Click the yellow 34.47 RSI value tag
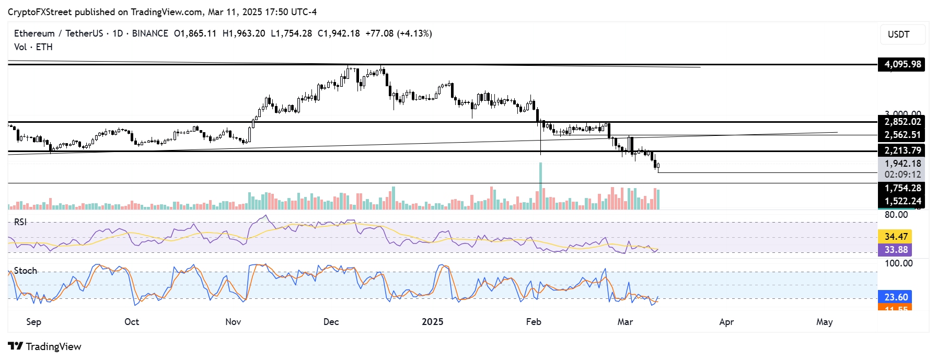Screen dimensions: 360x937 click(x=895, y=237)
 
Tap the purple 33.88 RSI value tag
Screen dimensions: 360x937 click(x=895, y=250)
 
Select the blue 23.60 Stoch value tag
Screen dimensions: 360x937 click(x=895, y=297)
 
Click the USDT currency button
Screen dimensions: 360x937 click(x=902, y=34)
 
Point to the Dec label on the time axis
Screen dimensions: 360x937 click(x=331, y=322)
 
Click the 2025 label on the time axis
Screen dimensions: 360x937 click(x=432, y=322)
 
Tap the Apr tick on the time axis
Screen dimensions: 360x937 click(x=726, y=322)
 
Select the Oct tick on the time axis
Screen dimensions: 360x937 click(x=132, y=322)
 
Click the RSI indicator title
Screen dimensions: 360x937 click(x=20, y=222)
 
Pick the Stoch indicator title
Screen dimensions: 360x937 click(x=25, y=271)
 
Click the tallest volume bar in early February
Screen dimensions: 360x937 click(x=540, y=186)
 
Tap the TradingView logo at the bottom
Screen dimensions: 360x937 click(x=45, y=346)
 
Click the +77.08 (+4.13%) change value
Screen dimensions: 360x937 click(x=398, y=33)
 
